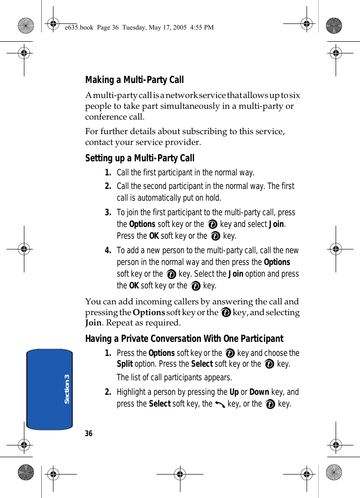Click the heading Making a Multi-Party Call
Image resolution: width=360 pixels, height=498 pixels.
click(135, 80)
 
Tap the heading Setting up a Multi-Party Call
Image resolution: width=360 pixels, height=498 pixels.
click(140, 158)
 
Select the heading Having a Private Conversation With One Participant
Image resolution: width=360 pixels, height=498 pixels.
click(184, 339)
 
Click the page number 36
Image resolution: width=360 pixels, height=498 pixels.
click(89, 433)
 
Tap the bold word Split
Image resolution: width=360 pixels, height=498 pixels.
click(125, 364)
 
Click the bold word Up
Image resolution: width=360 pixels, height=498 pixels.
click(233, 392)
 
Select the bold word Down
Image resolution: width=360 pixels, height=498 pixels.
click(259, 392)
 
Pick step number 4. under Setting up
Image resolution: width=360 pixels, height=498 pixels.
click(108, 251)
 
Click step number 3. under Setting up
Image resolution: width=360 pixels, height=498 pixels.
click(108, 213)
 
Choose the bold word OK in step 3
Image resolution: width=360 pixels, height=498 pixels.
click(154, 236)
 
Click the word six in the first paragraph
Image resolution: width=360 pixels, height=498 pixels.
click(295, 96)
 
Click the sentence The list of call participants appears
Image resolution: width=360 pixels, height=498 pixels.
click(174, 377)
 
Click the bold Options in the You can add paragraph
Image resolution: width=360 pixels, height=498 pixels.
click(149, 312)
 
